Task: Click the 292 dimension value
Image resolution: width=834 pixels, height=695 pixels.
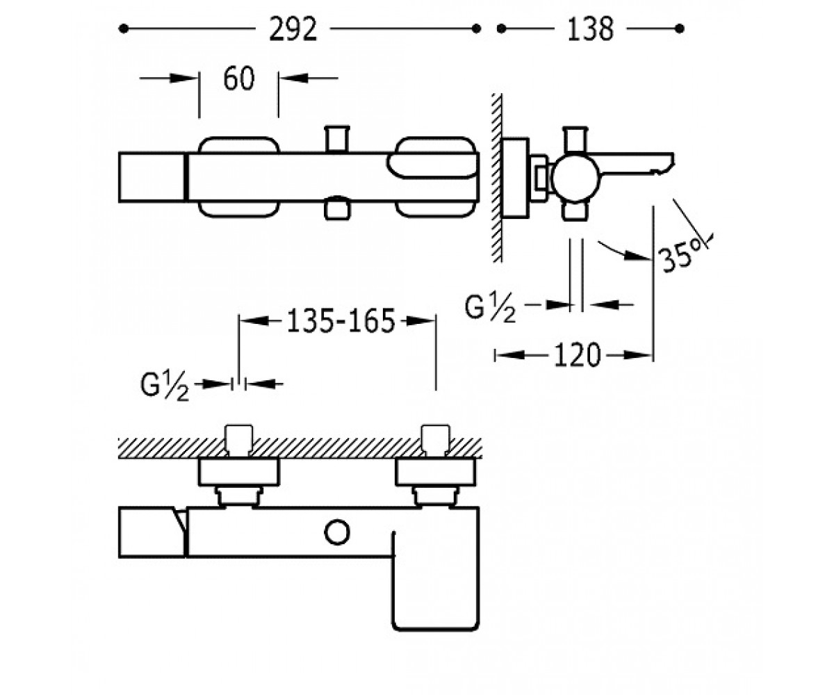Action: coord(293,28)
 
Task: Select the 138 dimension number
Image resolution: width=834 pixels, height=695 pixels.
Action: coord(590,28)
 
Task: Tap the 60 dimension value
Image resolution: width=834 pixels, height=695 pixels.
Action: coord(238,79)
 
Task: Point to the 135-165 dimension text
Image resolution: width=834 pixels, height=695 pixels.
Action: coord(341,321)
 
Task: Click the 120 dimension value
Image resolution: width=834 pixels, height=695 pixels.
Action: coord(577,355)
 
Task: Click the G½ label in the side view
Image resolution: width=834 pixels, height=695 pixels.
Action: coord(490,309)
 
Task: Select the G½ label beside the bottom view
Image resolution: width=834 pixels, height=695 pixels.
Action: coord(164,388)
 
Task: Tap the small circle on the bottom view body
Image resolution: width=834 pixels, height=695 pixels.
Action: coord(337,532)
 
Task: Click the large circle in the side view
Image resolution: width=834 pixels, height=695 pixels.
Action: coord(576,180)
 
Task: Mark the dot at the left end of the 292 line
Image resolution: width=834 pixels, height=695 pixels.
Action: coord(124,28)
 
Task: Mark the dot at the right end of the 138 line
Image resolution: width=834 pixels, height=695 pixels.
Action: coord(680,28)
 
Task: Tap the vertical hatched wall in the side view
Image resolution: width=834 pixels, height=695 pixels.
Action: coord(497,178)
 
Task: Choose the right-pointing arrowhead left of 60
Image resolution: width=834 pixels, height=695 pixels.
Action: coord(182,78)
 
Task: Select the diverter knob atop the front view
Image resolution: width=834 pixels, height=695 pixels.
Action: coord(337,140)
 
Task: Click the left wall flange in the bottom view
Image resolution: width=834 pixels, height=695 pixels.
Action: coord(239,472)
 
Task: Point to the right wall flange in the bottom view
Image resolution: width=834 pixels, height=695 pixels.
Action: coord(436,472)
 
